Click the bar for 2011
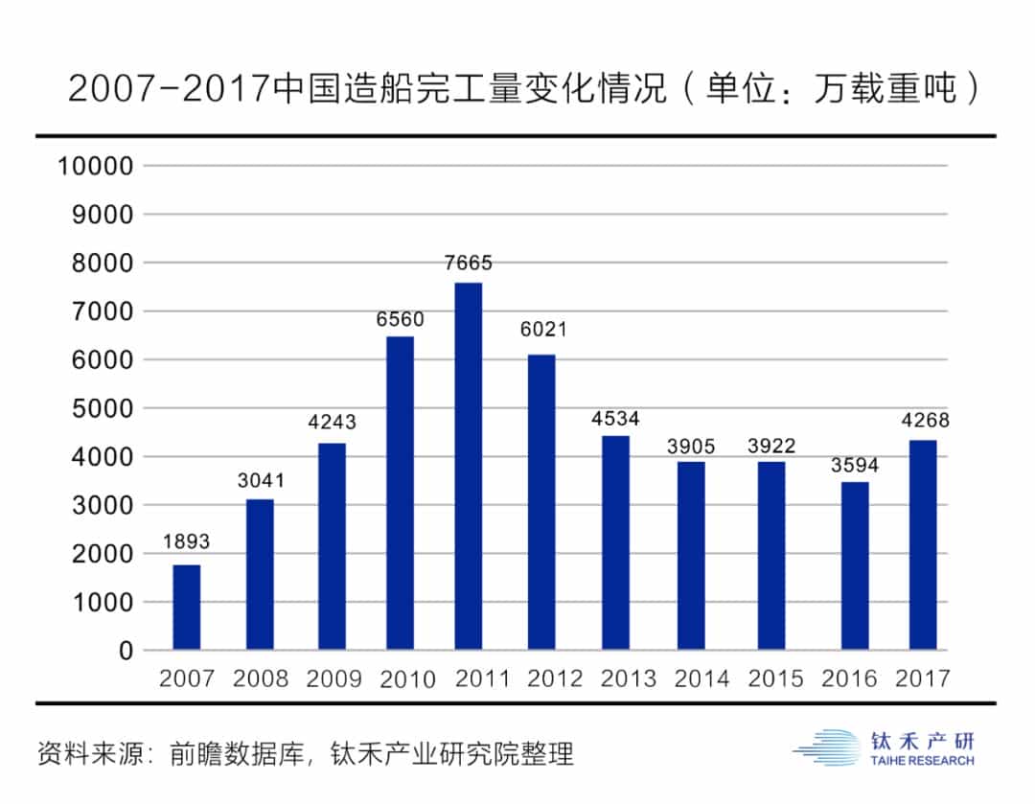coord(469,466)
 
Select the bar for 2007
coord(187,607)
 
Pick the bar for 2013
coord(615,542)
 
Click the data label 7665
coord(469,263)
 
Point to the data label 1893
coord(186,541)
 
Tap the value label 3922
coord(771,446)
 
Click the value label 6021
coord(543,330)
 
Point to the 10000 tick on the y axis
coord(95,166)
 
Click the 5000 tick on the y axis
coord(102,408)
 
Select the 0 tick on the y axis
coord(126,651)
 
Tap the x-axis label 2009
coord(333,679)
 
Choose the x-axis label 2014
coord(702,679)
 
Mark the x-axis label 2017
coord(922,679)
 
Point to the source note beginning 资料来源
coord(305,752)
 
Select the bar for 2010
coord(401,493)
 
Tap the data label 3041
coord(261,480)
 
